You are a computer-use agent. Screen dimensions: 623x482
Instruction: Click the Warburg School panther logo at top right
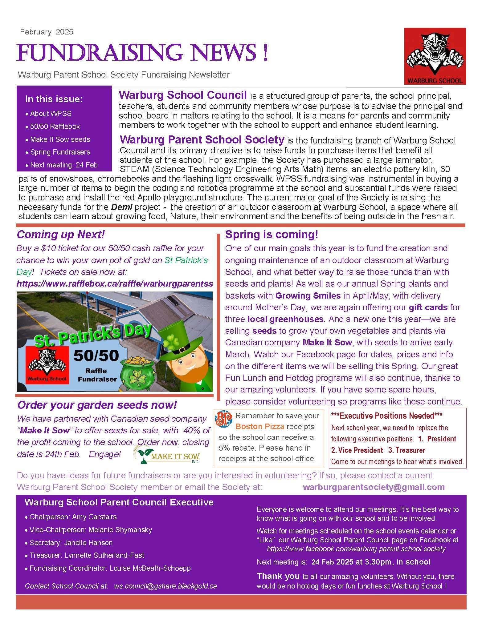coord(435,56)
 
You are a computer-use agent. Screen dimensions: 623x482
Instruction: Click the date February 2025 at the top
coord(47,32)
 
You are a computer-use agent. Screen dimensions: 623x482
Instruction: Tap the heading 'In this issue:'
coord(54,99)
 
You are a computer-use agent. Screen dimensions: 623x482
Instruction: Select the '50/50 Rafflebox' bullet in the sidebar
coord(55,127)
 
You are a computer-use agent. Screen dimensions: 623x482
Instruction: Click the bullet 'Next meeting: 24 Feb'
coord(63,165)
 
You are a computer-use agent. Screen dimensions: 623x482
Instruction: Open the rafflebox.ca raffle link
coord(114,283)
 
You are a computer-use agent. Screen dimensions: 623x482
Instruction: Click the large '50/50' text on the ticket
coord(96,356)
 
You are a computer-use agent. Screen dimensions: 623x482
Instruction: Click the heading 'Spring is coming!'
coord(272,235)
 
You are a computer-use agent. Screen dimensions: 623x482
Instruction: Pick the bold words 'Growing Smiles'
coord(308,295)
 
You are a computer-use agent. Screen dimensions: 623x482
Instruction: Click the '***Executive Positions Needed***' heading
coord(386,416)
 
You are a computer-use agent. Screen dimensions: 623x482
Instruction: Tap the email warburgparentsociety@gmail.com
coord(374,487)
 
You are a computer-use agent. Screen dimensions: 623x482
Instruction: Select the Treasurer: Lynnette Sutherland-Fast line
coord(87,555)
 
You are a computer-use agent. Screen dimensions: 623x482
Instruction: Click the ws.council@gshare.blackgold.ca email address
coord(165,586)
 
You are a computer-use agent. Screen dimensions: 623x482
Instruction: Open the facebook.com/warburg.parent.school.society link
coord(356,549)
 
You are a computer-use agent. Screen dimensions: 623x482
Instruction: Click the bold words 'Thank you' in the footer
coord(278,576)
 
